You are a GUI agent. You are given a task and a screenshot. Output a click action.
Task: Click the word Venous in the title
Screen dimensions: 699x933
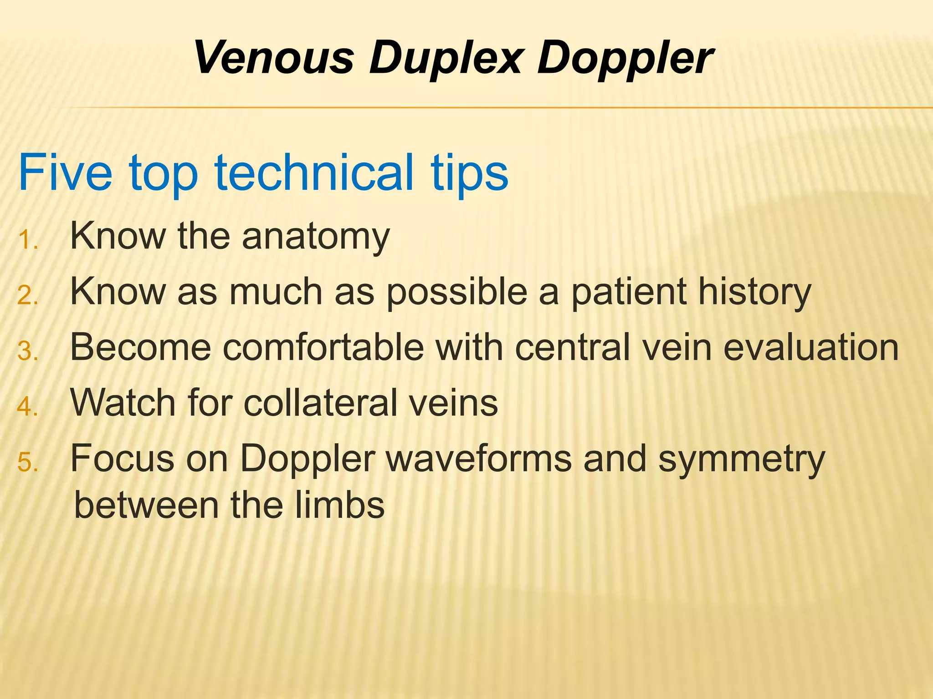[274, 58]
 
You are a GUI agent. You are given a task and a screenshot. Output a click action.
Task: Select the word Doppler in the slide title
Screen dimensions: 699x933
[625, 58]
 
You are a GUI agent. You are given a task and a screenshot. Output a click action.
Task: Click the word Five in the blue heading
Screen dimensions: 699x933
[65, 173]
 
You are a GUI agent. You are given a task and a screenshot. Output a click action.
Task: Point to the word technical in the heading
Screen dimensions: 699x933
[314, 173]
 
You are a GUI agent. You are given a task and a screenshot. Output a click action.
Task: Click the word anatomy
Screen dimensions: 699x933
[316, 237]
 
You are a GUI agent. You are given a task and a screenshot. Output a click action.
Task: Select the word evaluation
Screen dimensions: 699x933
[811, 348]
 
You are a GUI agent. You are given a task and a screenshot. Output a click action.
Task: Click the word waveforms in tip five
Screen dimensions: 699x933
[479, 459]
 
